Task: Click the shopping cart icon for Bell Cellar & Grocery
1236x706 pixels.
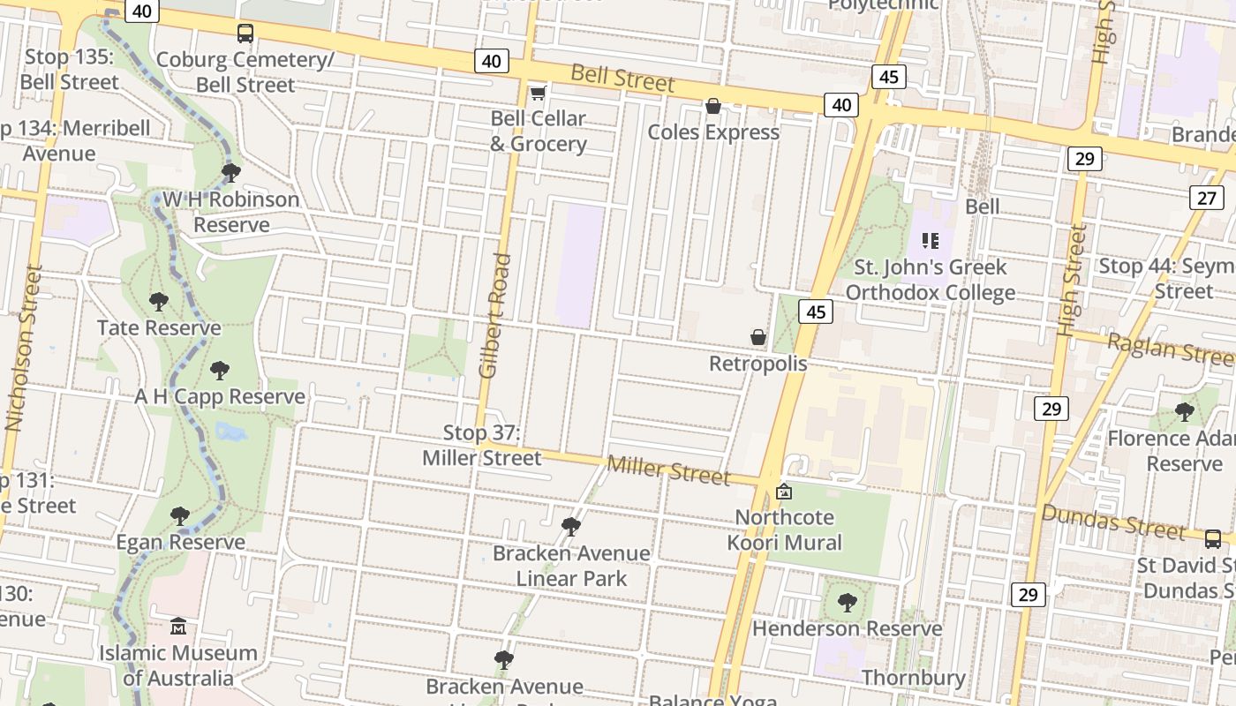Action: [537, 93]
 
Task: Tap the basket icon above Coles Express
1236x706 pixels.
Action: [713, 107]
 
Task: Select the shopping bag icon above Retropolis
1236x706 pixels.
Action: [757, 337]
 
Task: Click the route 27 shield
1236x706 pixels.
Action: [1207, 198]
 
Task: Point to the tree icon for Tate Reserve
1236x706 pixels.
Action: [159, 302]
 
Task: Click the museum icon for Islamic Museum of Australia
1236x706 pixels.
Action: [178, 627]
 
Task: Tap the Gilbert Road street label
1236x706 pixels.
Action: [496, 316]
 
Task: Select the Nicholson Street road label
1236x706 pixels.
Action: [23, 348]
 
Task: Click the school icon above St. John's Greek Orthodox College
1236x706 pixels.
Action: [930, 240]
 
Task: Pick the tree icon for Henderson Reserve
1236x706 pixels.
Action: [847, 603]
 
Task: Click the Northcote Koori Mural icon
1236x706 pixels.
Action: [783, 492]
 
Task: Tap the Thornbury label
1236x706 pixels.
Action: [913, 678]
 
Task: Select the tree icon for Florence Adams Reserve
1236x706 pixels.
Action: [1184, 411]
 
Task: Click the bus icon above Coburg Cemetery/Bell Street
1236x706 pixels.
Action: [245, 34]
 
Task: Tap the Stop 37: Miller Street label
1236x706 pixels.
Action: [481, 445]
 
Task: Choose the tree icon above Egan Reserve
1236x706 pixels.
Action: [180, 515]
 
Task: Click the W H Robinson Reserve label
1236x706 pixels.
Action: [231, 212]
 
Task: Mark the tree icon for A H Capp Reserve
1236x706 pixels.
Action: [219, 371]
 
